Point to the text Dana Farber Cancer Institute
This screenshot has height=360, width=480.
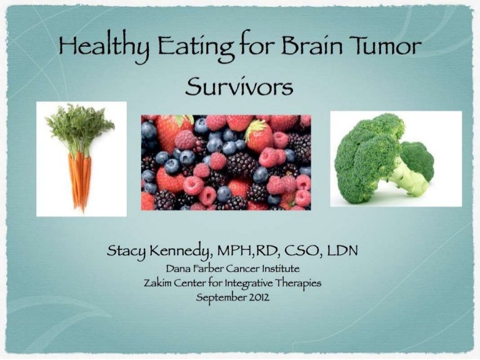coord(239,271)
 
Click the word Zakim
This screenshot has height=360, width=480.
coord(159,284)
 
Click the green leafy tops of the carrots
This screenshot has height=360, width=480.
coord(78,128)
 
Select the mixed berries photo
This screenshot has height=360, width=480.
coord(226,162)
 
